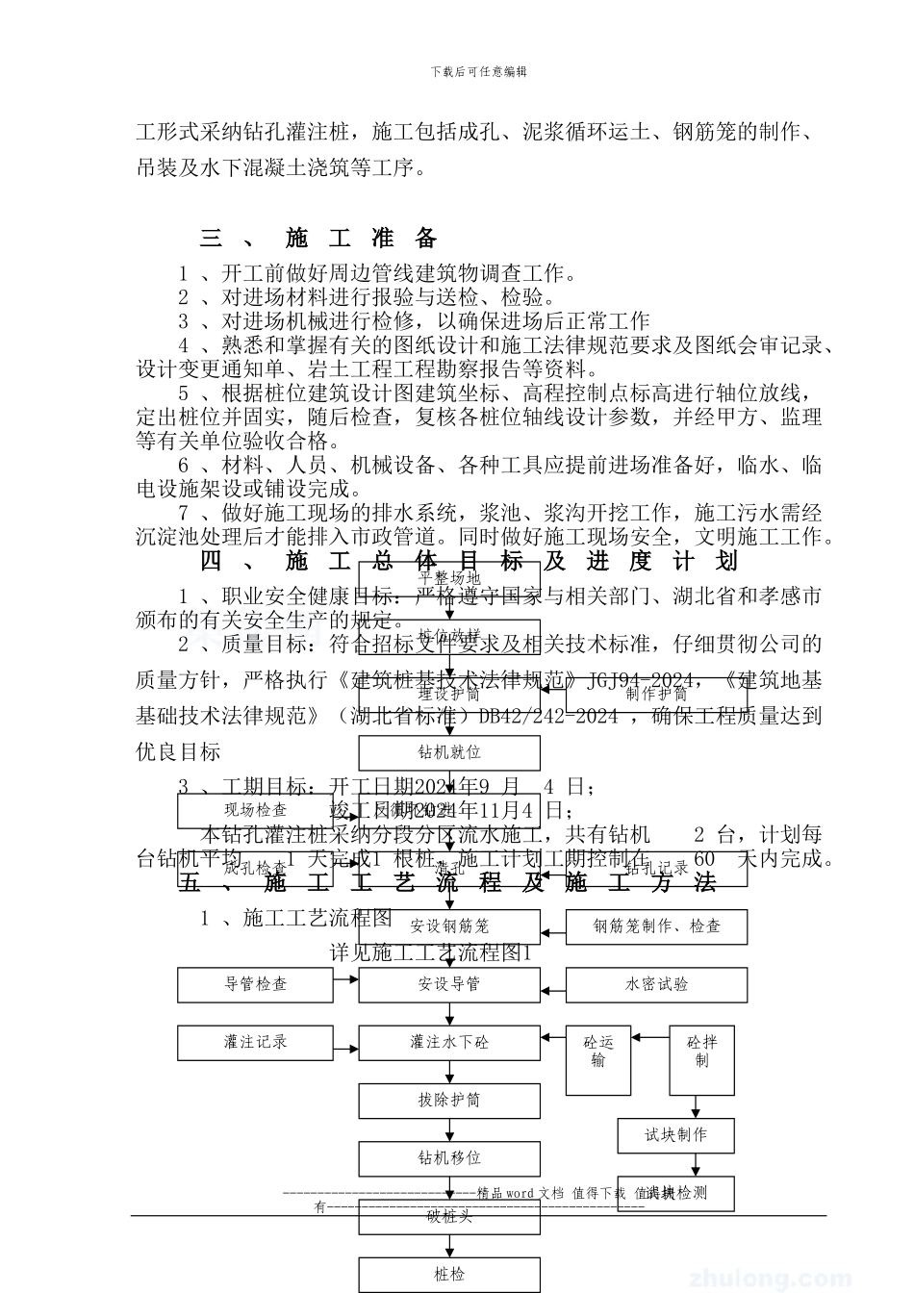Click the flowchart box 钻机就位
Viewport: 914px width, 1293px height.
pos(449,752)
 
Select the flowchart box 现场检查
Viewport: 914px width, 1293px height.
pos(255,810)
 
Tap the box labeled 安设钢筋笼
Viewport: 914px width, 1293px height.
pos(449,926)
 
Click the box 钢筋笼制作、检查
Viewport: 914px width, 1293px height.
pos(656,926)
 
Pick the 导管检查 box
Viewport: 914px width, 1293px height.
pos(255,984)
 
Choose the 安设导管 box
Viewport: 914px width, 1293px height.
pos(449,984)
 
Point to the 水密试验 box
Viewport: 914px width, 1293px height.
pos(656,984)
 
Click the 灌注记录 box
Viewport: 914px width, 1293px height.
pos(255,1042)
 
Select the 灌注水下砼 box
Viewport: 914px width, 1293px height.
pos(449,1042)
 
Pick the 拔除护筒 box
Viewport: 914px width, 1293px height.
pos(449,1100)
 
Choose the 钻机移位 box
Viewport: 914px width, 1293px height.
pos(449,1158)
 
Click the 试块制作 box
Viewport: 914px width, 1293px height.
pos(675,1135)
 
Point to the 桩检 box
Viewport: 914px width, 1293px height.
pos(449,1275)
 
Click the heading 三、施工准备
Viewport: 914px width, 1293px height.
pos(318,238)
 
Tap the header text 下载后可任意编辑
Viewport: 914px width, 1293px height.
pos(478,71)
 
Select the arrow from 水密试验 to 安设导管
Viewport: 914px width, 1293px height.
pos(553,985)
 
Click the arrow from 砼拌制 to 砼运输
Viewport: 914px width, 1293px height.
pos(650,1036)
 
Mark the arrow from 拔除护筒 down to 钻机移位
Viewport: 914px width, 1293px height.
pos(449,1129)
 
